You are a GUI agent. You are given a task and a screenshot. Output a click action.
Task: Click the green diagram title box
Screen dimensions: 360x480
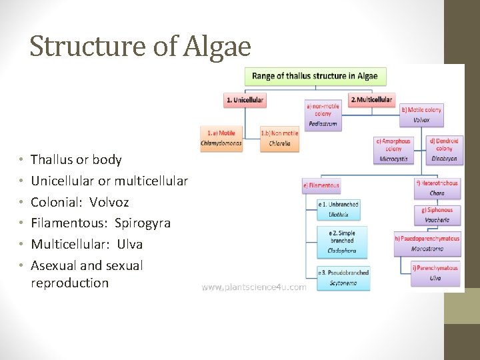[315, 76]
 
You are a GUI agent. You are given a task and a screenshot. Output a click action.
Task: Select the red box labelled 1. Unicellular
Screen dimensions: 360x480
[245, 100]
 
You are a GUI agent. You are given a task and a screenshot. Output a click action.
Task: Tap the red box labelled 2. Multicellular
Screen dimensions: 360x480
[371, 99]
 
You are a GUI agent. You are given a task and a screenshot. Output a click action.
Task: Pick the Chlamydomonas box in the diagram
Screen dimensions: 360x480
[221, 138]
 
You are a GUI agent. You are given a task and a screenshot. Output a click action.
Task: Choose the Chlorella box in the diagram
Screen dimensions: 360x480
[279, 138]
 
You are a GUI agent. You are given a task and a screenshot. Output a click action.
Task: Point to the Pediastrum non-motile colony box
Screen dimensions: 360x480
[323, 114]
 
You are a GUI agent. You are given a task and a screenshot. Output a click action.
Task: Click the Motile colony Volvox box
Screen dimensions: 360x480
[421, 115]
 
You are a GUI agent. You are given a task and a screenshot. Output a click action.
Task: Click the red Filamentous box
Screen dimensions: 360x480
[321, 185]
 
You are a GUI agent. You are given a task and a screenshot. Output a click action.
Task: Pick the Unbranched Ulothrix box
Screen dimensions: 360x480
[339, 209]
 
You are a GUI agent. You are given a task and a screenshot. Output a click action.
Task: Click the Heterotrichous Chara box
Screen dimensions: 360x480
[437, 188]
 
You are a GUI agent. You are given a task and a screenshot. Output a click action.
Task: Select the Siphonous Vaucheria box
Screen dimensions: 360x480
[437, 215]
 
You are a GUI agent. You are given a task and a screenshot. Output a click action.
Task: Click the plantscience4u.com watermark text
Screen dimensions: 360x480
[254, 287]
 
